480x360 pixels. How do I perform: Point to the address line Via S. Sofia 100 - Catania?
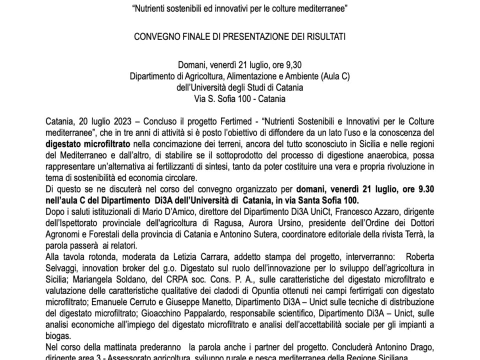tap(239, 98)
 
